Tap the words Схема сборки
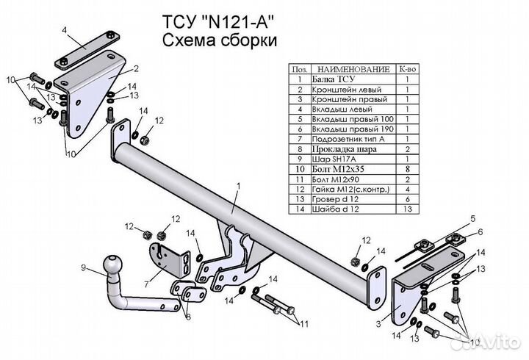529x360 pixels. click(x=220, y=41)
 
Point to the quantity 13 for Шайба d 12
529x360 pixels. click(x=408, y=209)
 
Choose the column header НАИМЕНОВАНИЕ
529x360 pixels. click(x=353, y=69)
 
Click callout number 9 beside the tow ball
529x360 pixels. click(x=83, y=268)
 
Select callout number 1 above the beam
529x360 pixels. click(x=239, y=186)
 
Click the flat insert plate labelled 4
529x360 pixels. click(x=87, y=50)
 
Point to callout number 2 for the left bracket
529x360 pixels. click(x=136, y=69)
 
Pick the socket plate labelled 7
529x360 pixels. click(x=169, y=259)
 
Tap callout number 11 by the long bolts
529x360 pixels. click(x=304, y=325)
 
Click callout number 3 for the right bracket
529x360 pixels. click(x=378, y=324)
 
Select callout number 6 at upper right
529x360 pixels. click(x=480, y=231)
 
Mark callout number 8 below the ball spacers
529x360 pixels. click(x=188, y=317)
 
